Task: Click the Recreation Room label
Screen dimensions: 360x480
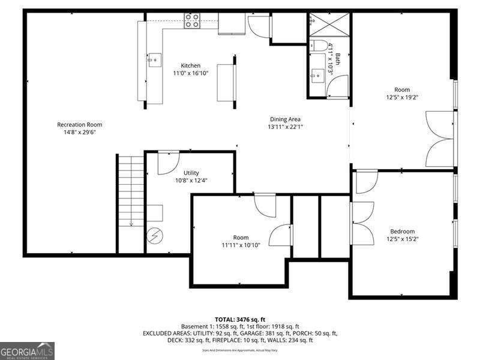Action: (x=79, y=125)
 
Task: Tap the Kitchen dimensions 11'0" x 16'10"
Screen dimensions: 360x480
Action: (x=191, y=73)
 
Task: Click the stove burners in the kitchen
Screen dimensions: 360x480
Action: (x=192, y=21)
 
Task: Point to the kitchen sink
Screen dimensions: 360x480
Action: (x=154, y=59)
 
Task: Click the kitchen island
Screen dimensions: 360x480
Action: (x=226, y=82)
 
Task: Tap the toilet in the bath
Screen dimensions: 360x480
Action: (x=318, y=46)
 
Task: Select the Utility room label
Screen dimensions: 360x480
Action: (x=191, y=173)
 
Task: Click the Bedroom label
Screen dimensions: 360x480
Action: (x=402, y=231)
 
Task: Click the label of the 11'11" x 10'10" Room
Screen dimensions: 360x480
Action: (x=241, y=238)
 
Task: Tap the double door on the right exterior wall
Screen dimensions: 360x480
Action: (x=440, y=139)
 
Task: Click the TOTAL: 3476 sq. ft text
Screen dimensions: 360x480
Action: (x=239, y=319)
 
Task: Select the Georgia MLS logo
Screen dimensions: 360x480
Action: (x=27, y=350)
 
